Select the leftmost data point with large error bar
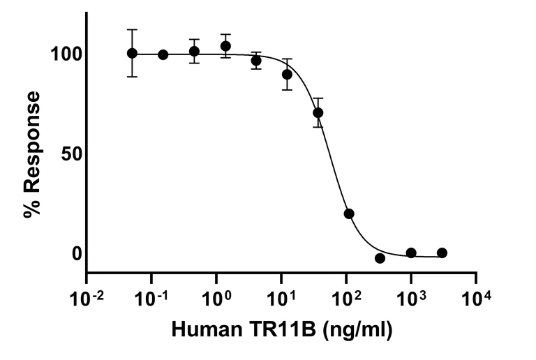click(x=132, y=53)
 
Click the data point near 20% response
click(x=349, y=213)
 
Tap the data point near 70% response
click(x=318, y=112)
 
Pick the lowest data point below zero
click(x=380, y=258)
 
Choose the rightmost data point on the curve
click(x=442, y=253)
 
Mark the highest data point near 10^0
click(x=225, y=46)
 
